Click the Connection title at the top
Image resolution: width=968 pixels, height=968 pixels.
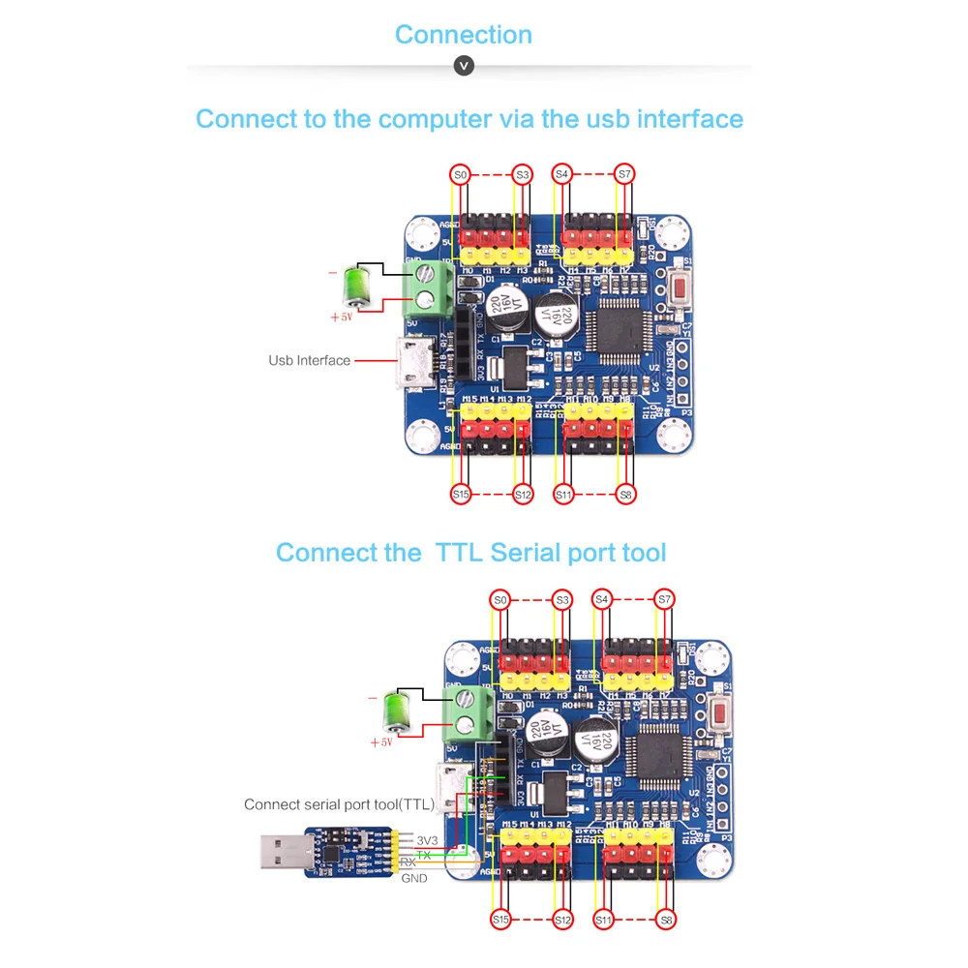click(463, 35)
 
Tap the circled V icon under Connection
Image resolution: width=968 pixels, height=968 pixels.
click(464, 66)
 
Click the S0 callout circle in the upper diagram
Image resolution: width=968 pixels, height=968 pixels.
click(461, 174)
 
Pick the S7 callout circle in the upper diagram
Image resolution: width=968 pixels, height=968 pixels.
click(624, 174)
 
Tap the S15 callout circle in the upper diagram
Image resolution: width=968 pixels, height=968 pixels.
click(461, 495)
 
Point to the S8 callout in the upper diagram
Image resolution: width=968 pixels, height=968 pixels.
click(626, 495)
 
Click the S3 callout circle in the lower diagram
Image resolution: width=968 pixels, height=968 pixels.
click(562, 600)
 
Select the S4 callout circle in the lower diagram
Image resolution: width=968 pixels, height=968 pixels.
click(602, 600)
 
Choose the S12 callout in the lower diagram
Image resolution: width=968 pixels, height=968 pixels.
click(562, 920)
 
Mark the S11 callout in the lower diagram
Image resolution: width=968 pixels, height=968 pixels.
click(603, 920)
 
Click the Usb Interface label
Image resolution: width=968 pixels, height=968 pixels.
click(309, 361)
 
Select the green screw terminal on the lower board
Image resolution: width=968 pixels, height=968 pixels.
click(466, 713)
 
